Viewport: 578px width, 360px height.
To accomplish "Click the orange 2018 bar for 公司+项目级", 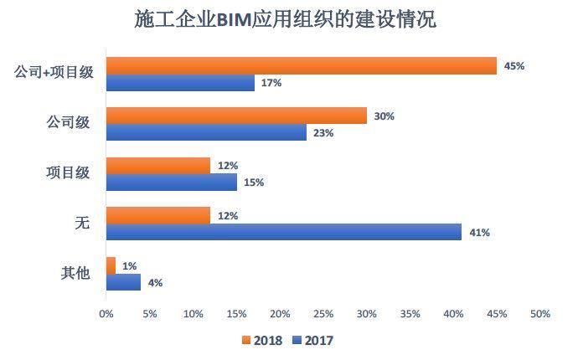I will point(302,65).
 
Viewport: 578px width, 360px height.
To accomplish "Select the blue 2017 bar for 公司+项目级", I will point(180,82).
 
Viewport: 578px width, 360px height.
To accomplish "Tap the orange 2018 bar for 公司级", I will point(236,116).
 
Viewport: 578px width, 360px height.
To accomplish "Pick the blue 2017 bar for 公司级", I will point(206,132).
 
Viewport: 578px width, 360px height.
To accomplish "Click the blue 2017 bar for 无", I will point(284,232).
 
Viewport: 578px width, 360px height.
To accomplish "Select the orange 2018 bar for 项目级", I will point(158,166).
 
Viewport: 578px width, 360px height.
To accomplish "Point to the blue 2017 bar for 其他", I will point(124,282).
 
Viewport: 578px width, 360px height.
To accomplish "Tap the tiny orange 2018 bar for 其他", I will point(111,265).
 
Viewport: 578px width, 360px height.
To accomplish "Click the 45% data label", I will point(514,65).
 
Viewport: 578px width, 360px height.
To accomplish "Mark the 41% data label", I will point(479,233).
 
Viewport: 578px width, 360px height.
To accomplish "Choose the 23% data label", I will point(323,132).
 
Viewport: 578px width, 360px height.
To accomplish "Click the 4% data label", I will point(155,283).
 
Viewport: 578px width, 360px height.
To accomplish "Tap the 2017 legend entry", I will point(313,341).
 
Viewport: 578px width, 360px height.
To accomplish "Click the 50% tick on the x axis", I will point(540,314).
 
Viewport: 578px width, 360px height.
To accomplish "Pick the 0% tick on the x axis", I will point(106,314).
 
